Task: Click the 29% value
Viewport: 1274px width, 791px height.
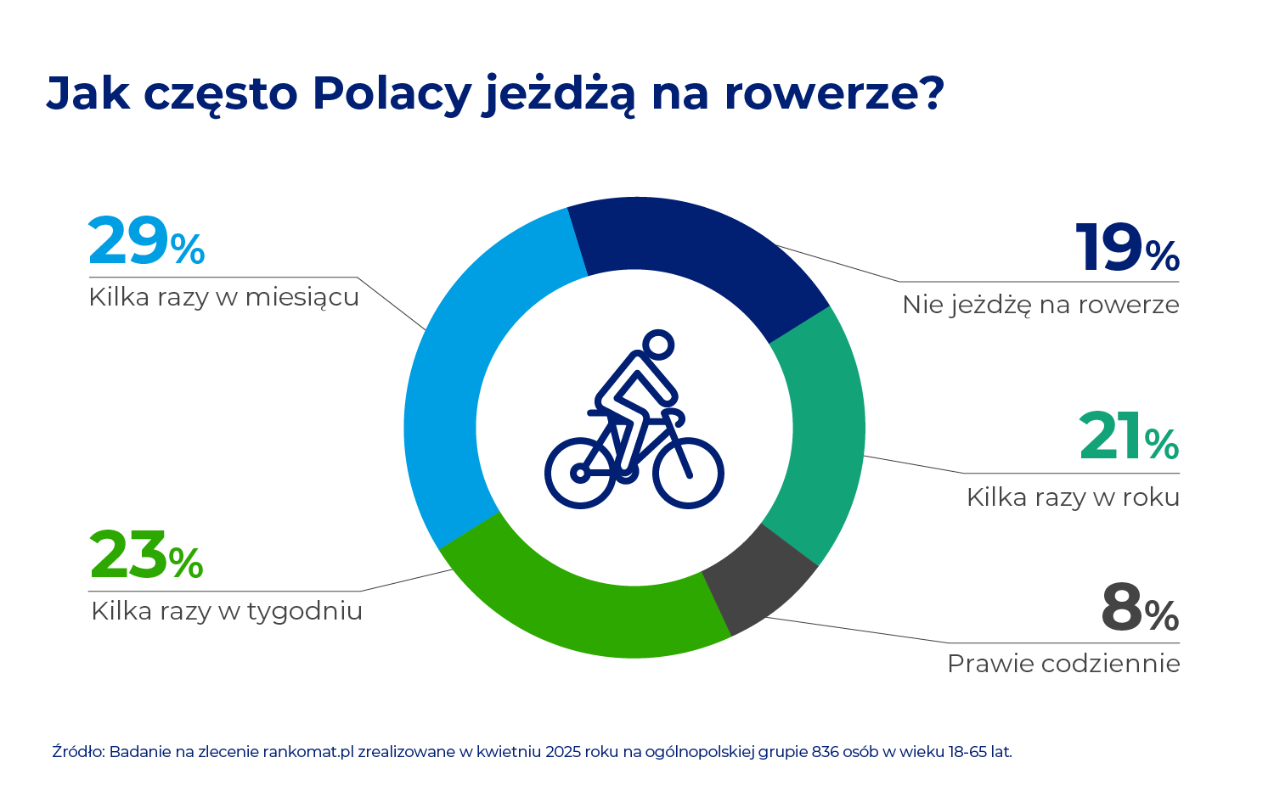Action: click(146, 241)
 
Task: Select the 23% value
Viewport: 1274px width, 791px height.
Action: click(146, 554)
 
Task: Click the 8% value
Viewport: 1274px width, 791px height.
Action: click(1140, 608)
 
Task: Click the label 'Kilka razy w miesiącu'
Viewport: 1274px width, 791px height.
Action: click(223, 298)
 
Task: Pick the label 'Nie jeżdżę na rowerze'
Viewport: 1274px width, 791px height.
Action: click(1040, 306)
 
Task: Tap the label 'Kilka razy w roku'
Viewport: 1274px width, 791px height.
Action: click(1074, 498)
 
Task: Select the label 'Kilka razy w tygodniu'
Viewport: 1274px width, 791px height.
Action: click(227, 612)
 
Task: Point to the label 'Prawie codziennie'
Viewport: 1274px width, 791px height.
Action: click(1063, 664)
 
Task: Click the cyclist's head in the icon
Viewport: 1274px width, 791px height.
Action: click(658, 345)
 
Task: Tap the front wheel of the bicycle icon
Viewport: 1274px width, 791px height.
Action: click(688, 473)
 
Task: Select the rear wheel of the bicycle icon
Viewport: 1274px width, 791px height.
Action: click(580, 473)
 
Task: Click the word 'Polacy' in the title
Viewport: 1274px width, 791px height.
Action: click(392, 93)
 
